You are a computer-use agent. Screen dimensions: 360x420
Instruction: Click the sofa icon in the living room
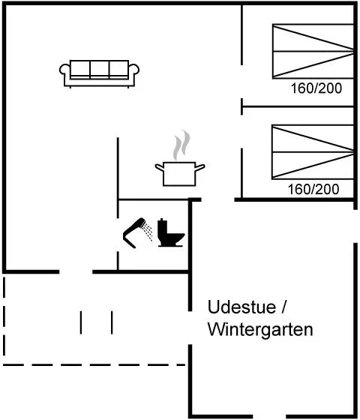99,73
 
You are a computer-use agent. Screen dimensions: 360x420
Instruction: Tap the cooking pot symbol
180,173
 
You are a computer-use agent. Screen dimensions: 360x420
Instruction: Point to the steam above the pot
181,145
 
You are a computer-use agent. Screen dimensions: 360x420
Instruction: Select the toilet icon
171,232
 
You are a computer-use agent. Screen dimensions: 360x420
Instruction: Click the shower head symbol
134,232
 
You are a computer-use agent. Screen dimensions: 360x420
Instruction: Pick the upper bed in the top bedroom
313,51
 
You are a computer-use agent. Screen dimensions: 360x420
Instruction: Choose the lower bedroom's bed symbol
313,151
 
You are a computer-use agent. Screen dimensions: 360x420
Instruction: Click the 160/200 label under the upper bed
316,88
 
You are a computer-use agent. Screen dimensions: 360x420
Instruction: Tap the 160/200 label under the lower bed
313,189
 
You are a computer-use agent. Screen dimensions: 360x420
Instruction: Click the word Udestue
241,307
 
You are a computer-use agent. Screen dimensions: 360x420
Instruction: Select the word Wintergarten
260,330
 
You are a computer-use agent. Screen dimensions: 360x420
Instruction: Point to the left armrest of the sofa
64,70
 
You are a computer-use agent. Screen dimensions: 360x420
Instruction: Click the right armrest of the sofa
134,70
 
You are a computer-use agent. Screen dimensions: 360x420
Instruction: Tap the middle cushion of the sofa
99,69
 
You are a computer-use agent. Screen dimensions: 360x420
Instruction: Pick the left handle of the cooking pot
160,167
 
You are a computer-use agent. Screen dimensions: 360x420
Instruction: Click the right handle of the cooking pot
199,167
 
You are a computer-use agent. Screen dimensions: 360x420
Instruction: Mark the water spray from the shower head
148,232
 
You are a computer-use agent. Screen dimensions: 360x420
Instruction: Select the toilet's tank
162,226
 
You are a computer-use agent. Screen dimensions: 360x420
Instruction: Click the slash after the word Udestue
283,307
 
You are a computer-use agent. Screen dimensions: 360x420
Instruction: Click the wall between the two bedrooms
298,106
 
